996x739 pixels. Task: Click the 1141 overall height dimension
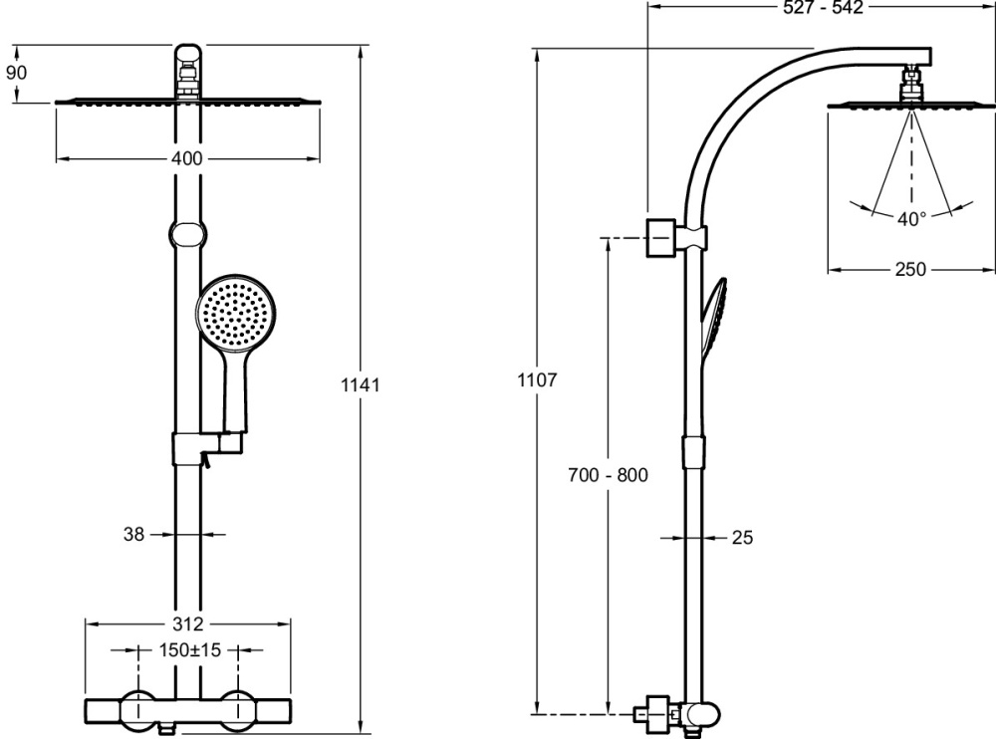pos(361,385)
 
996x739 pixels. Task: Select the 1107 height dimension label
pos(537,380)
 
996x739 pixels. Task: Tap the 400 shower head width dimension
pos(187,158)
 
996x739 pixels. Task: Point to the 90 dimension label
pos(17,73)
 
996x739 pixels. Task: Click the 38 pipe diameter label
pos(134,535)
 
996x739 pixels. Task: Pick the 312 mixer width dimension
pos(188,624)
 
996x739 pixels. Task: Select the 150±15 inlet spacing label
pos(189,650)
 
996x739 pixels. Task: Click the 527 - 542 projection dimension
pos(824,7)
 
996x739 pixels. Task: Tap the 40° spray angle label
pos(911,219)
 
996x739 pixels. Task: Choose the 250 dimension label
pos(910,270)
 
